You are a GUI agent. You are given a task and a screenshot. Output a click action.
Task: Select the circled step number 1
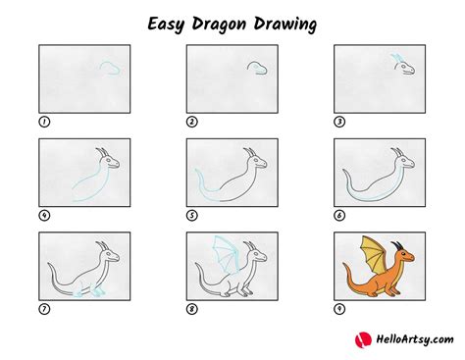coord(43,122)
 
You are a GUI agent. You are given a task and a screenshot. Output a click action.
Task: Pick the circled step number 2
coord(191,122)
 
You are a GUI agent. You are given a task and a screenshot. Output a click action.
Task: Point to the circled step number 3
coord(339,122)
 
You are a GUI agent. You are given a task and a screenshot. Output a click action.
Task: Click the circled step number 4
coord(43,215)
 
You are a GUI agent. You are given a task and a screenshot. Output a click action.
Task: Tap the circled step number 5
coord(191,215)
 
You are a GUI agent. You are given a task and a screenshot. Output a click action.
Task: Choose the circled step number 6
coord(339,215)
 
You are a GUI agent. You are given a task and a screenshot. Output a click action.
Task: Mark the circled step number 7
coord(43,307)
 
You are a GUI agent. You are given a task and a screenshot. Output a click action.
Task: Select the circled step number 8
coord(191,307)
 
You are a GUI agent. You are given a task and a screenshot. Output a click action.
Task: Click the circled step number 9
coord(339,307)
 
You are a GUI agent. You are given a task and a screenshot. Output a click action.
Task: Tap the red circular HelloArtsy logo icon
coord(361,339)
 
